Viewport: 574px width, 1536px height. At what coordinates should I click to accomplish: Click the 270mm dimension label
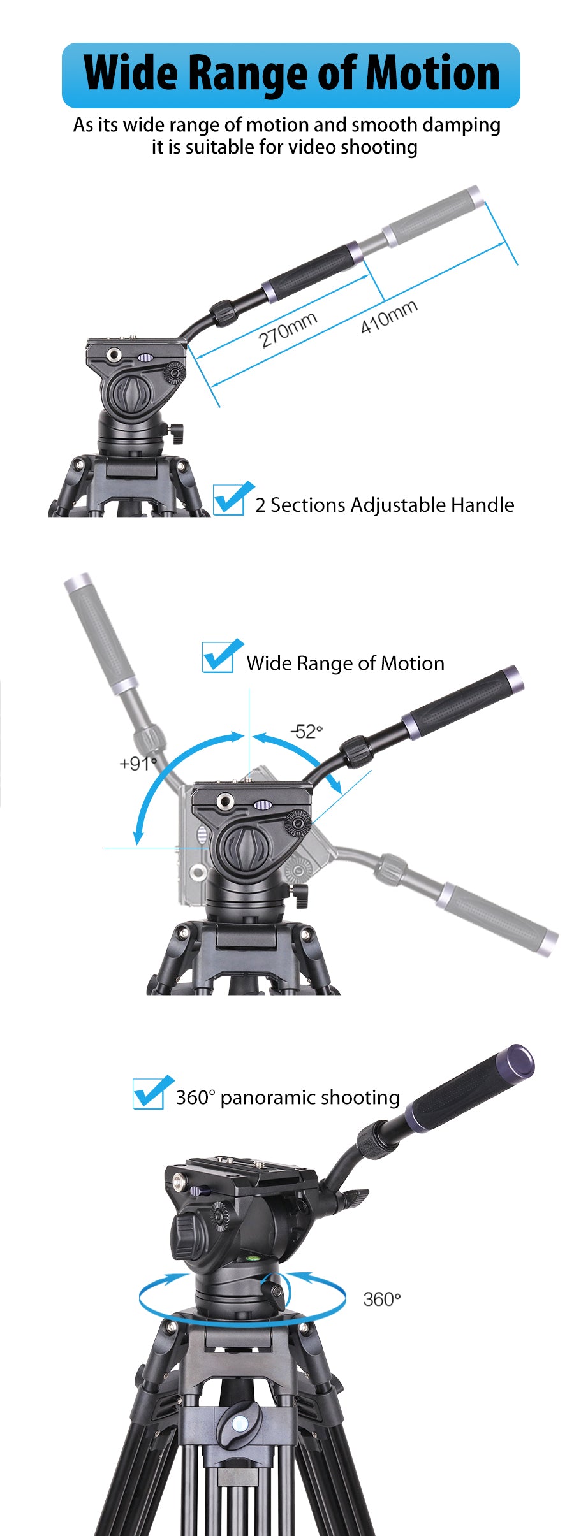click(288, 330)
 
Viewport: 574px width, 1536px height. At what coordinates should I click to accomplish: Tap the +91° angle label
click(138, 763)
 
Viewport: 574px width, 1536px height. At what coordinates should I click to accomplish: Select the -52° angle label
click(307, 731)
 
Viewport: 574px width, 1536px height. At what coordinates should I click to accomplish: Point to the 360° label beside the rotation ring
click(381, 1299)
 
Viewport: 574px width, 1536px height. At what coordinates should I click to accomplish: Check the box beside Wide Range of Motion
click(219, 656)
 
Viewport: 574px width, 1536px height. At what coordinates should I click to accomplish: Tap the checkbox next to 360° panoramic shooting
click(149, 1093)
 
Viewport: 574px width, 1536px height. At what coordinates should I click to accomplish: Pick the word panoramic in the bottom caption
click(268, 1098)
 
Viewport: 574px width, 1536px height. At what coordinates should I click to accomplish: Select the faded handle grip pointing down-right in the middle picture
click(497, 918)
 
